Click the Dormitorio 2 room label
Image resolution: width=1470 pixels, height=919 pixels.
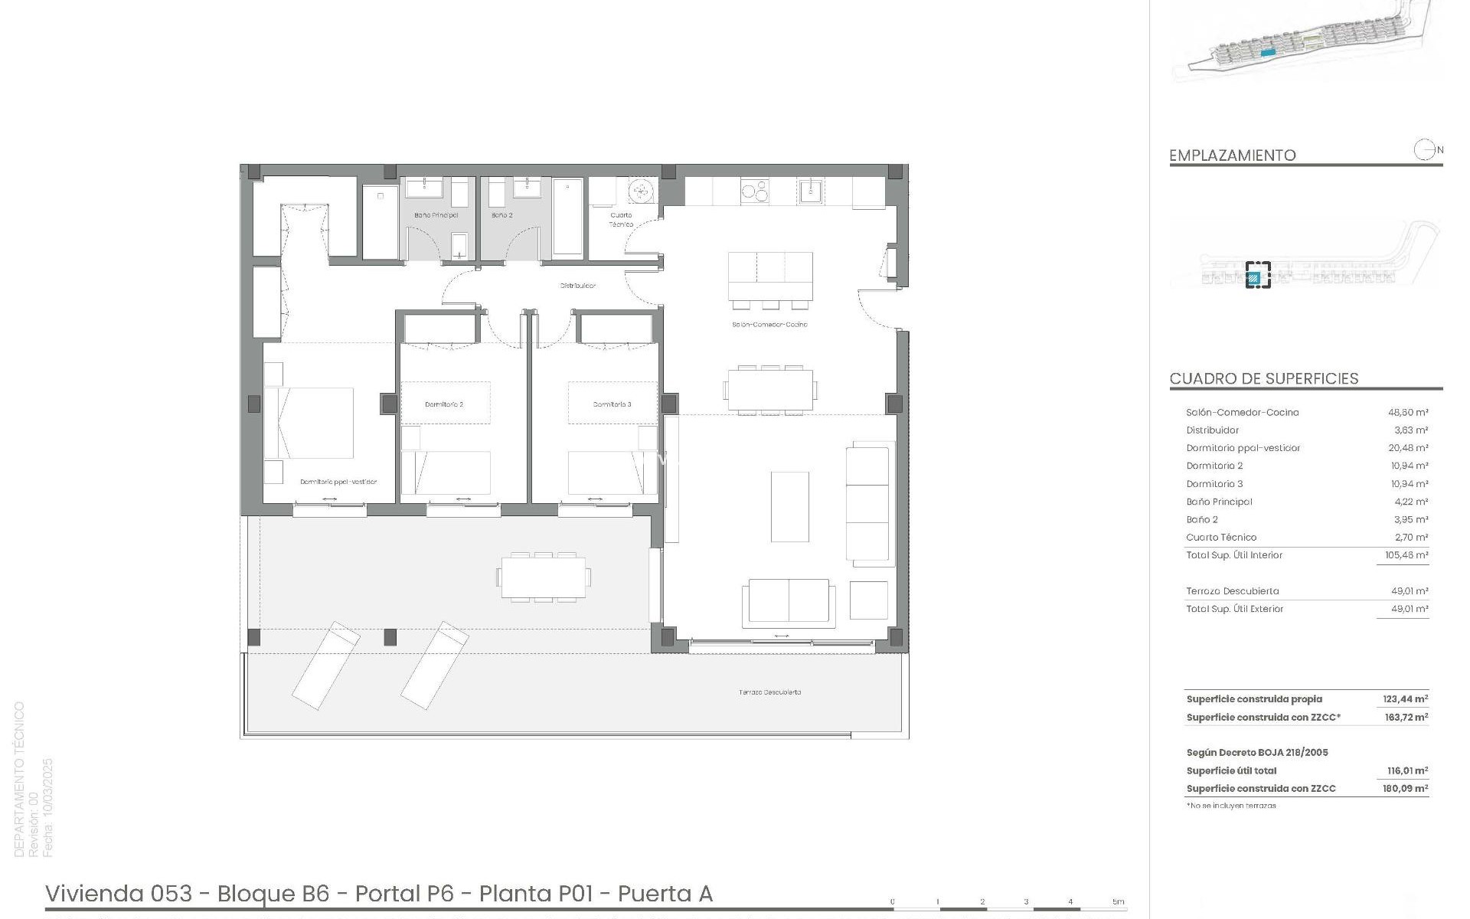[x=444, y=404]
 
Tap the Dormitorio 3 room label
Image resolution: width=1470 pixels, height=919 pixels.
[x=612, y=404]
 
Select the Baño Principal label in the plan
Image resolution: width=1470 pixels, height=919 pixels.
[x=436, y=215]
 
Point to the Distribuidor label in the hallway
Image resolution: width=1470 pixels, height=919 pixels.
[x=577, y=286]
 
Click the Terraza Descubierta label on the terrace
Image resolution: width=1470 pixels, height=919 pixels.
[x=769, y=692]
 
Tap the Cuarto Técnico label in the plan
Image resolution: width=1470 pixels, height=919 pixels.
[x=621, y=220]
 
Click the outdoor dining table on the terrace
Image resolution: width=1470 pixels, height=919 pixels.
[x=545, y=576]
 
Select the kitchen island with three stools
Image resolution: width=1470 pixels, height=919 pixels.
[x=770, y=276]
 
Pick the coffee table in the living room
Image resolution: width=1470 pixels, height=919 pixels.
[x=789, y=506]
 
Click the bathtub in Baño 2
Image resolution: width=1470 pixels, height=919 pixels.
[x=567, y=216]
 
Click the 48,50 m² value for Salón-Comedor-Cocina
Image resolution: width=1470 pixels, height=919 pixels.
[x=1407, y=412]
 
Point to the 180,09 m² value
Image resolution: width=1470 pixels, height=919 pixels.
[x=1405, y=788]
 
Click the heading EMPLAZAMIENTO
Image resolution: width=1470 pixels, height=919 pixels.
[x=1232, y=155]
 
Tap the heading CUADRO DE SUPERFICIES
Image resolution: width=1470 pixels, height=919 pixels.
[x=1263, y=378]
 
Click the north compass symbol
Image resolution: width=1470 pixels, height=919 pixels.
[x=1423, y=150]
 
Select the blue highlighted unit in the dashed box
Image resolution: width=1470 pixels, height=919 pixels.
[x=1253, y=278]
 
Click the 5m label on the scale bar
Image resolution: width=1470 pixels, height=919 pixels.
[x=1118, y=902]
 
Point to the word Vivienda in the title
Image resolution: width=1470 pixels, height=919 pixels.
[x=94, y=894]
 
